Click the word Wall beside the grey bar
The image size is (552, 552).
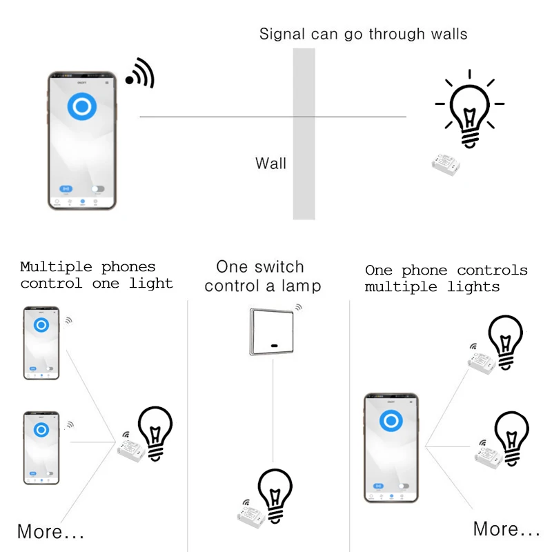[270, 164]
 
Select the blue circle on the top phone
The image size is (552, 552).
[81, 107]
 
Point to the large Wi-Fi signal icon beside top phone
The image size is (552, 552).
[141, 72]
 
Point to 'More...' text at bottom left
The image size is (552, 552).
[50, 532]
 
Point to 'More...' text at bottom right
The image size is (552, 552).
[506, 529]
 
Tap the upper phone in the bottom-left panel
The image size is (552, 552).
[41, 343]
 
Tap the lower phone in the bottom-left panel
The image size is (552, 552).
[41, 447]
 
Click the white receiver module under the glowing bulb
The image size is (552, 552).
[448, 163]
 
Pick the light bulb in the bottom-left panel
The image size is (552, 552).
[156, 432]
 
